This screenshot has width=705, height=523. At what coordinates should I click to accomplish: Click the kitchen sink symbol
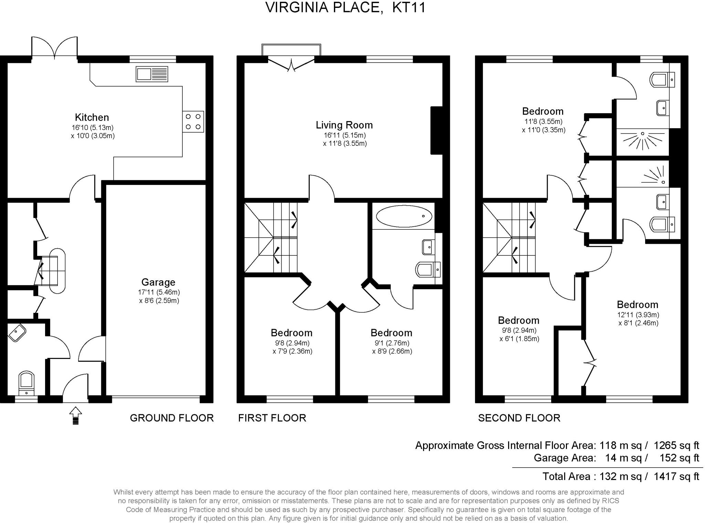tap(152, 74)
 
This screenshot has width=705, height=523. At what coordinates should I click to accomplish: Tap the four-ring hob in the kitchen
tap(193, 121)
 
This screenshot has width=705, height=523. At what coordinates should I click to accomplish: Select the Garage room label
tap(158, 282)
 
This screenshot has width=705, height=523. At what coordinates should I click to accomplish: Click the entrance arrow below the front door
tap(75, 416)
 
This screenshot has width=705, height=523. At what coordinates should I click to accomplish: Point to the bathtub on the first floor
tap(404, 216)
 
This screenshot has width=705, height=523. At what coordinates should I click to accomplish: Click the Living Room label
tap(344, 125)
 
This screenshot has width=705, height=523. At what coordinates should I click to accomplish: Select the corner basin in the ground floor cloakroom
tap(17, 333)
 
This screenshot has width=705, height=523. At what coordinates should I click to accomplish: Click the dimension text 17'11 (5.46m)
tap(159, 292)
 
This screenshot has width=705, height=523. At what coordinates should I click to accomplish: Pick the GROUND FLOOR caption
tap(172, 418)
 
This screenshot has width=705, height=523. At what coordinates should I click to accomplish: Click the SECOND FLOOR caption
tap(519, 418)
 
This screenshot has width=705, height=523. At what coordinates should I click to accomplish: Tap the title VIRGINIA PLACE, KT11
tap(346, 8)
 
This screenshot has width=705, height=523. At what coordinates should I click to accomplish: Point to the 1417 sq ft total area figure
tap(676, 476)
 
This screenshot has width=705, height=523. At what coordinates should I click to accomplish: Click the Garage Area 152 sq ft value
tap(679, 458)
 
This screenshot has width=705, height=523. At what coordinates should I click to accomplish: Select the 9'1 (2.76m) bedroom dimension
tap(392, 343)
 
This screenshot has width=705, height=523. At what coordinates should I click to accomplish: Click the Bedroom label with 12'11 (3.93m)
tap(637, 305)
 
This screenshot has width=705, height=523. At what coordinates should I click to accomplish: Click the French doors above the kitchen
tap(54, 47)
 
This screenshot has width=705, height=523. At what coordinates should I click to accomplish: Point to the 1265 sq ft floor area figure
tap(676, 445)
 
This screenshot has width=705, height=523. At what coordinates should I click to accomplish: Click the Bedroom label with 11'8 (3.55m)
tap(543, 111)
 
